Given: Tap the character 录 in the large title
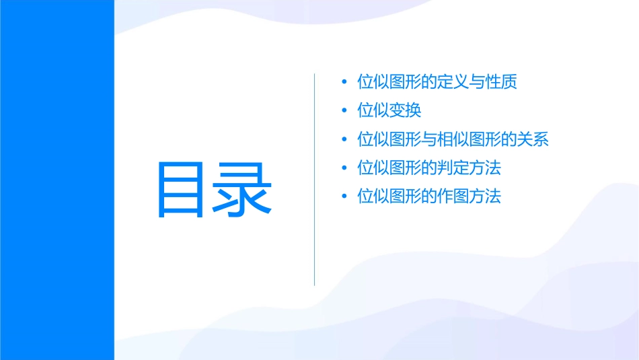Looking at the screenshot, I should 243,190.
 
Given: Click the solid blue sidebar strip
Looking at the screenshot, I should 57,180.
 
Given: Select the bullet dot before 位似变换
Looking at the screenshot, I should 345,111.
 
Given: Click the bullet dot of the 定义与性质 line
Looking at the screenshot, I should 345,83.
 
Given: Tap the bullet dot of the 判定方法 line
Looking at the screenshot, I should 345,168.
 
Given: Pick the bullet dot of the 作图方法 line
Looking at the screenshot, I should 345,197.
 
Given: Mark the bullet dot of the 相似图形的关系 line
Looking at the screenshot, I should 345,140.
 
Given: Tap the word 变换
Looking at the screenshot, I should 406,111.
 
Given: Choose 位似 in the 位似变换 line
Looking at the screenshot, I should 373,111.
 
